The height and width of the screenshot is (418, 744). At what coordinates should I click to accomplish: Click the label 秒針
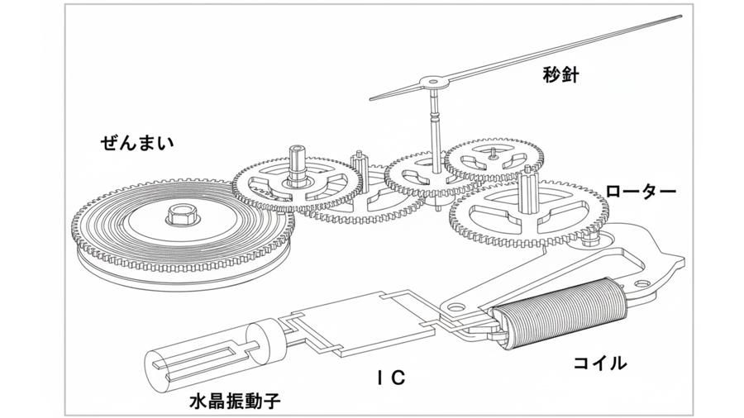tap(562, 76)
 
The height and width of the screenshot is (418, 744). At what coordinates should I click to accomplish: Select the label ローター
tap(641, 192)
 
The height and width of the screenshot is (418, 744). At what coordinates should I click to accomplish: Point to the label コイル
tap(599, 362)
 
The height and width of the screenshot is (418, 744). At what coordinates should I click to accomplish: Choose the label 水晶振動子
tap(235, 402)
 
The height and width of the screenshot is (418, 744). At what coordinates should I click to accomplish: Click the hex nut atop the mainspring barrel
tap(180, 215)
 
